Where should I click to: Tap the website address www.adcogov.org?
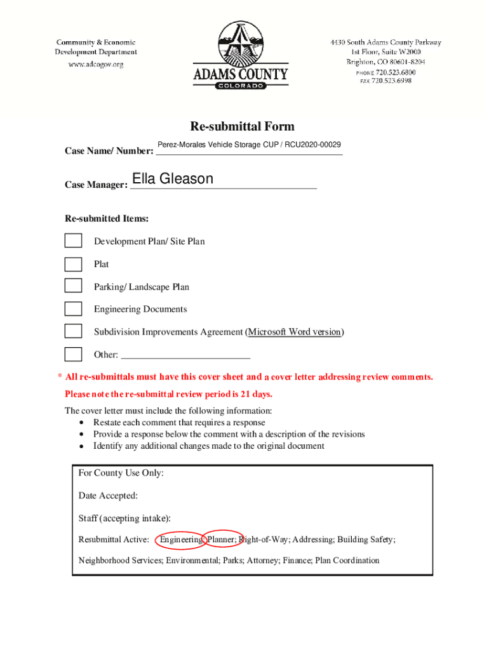(x=96, y=63)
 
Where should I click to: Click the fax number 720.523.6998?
(x=392, y=81)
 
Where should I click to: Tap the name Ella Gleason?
(x=172, y=179)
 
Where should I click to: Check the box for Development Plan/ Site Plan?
(x=73, y=241)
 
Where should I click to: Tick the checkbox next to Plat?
(x=73, y=263)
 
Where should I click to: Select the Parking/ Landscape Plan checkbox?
(x=73, y=286)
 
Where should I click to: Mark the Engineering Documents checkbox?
(x=73, y=308)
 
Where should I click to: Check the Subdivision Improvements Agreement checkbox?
(x=73, y=331)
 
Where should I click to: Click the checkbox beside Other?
(x=73, y=354)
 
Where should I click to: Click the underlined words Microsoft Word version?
(x=295, y=332)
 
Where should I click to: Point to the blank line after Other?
(x=185, y=356)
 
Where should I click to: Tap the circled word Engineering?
(x=180, y=540)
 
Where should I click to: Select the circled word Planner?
(x=222, y=540)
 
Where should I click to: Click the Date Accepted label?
(x=108, y=496)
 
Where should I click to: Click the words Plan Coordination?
(x=347, y=560)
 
